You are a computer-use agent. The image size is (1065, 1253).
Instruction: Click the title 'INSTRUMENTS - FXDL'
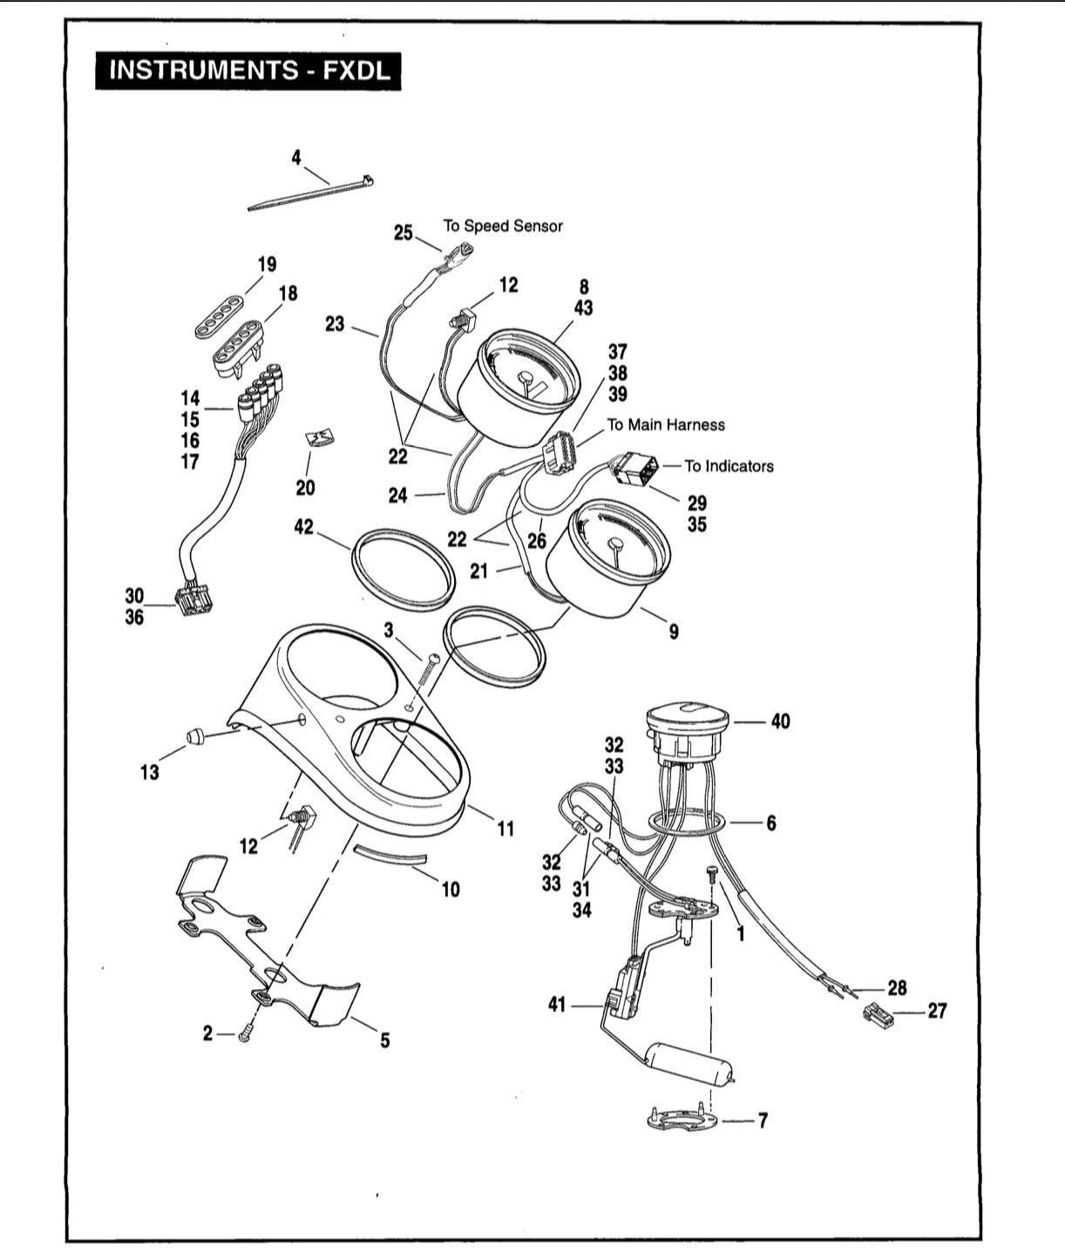tap(248, 71)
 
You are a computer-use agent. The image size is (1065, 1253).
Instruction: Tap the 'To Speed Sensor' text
tap(503, 226)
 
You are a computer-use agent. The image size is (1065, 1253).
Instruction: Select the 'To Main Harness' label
tap(666, 424)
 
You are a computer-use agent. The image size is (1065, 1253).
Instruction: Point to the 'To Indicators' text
tap(729, 466)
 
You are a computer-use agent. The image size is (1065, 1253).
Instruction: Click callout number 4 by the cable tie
tap(296, 158)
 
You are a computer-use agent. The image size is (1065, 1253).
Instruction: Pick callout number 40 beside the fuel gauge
tap(781, 721)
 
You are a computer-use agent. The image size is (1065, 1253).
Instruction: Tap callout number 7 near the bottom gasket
tap(763, 1121)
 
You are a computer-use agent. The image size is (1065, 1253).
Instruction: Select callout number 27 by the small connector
tap(937, 1011)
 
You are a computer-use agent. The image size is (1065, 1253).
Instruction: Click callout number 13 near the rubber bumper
tap(149, 773)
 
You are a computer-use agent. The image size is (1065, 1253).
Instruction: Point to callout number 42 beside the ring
tap(304, 527)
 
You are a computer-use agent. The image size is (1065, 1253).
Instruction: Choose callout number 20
tap(305, 488)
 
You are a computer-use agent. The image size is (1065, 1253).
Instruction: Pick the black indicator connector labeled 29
tap(638, 469)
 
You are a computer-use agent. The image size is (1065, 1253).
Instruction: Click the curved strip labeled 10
tap(390, 856)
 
